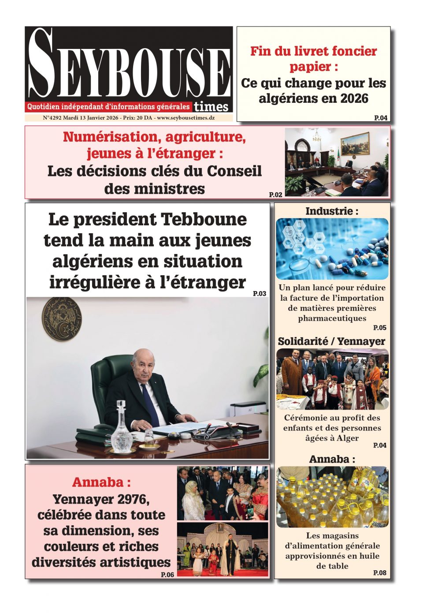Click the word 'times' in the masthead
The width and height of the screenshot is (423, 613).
tap(211, 107)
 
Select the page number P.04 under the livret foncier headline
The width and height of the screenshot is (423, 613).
tap(381, 118)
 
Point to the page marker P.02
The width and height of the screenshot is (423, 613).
tap(275, 194)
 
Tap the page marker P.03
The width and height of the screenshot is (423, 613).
tap(260, 294)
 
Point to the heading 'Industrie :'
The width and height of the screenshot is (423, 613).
tap(332, 211)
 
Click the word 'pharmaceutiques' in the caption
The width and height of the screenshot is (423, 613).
tap(332, 318)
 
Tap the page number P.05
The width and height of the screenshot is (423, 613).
tap(379, 328)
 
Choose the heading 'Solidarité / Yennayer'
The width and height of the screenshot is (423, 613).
tap(331, 341)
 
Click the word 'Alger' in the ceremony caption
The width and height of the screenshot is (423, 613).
tap(348, 438)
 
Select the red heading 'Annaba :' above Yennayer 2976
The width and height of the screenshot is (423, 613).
tap(101, 482)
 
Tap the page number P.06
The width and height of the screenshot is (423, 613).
tap(167, 575)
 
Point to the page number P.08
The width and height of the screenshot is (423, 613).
tap(379, 573)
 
